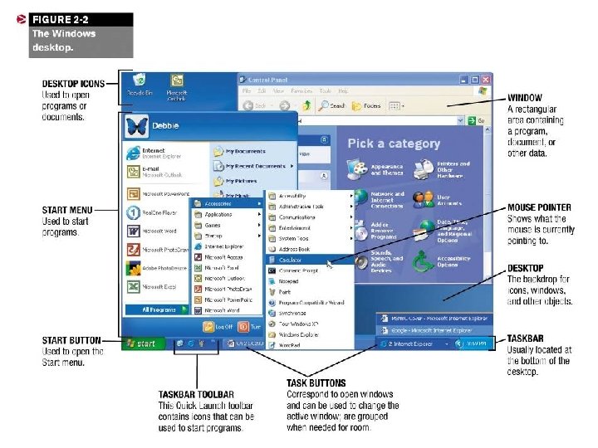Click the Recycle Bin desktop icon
[x=140, y=83]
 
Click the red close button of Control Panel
[x=486, y=80]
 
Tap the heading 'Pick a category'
[x=394, y=144]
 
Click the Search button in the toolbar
[x=332, y=105]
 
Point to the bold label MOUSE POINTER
[x=539, y=207]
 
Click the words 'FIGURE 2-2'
[x=56, y=19]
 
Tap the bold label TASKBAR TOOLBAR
[x=196, y=394]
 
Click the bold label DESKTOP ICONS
[x=73, y=84]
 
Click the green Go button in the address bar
[x=479, y=121]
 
